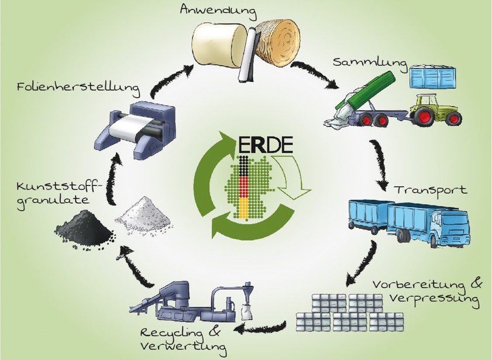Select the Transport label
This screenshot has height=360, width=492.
click(431, 190)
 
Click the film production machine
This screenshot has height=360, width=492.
click(135, 128)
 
